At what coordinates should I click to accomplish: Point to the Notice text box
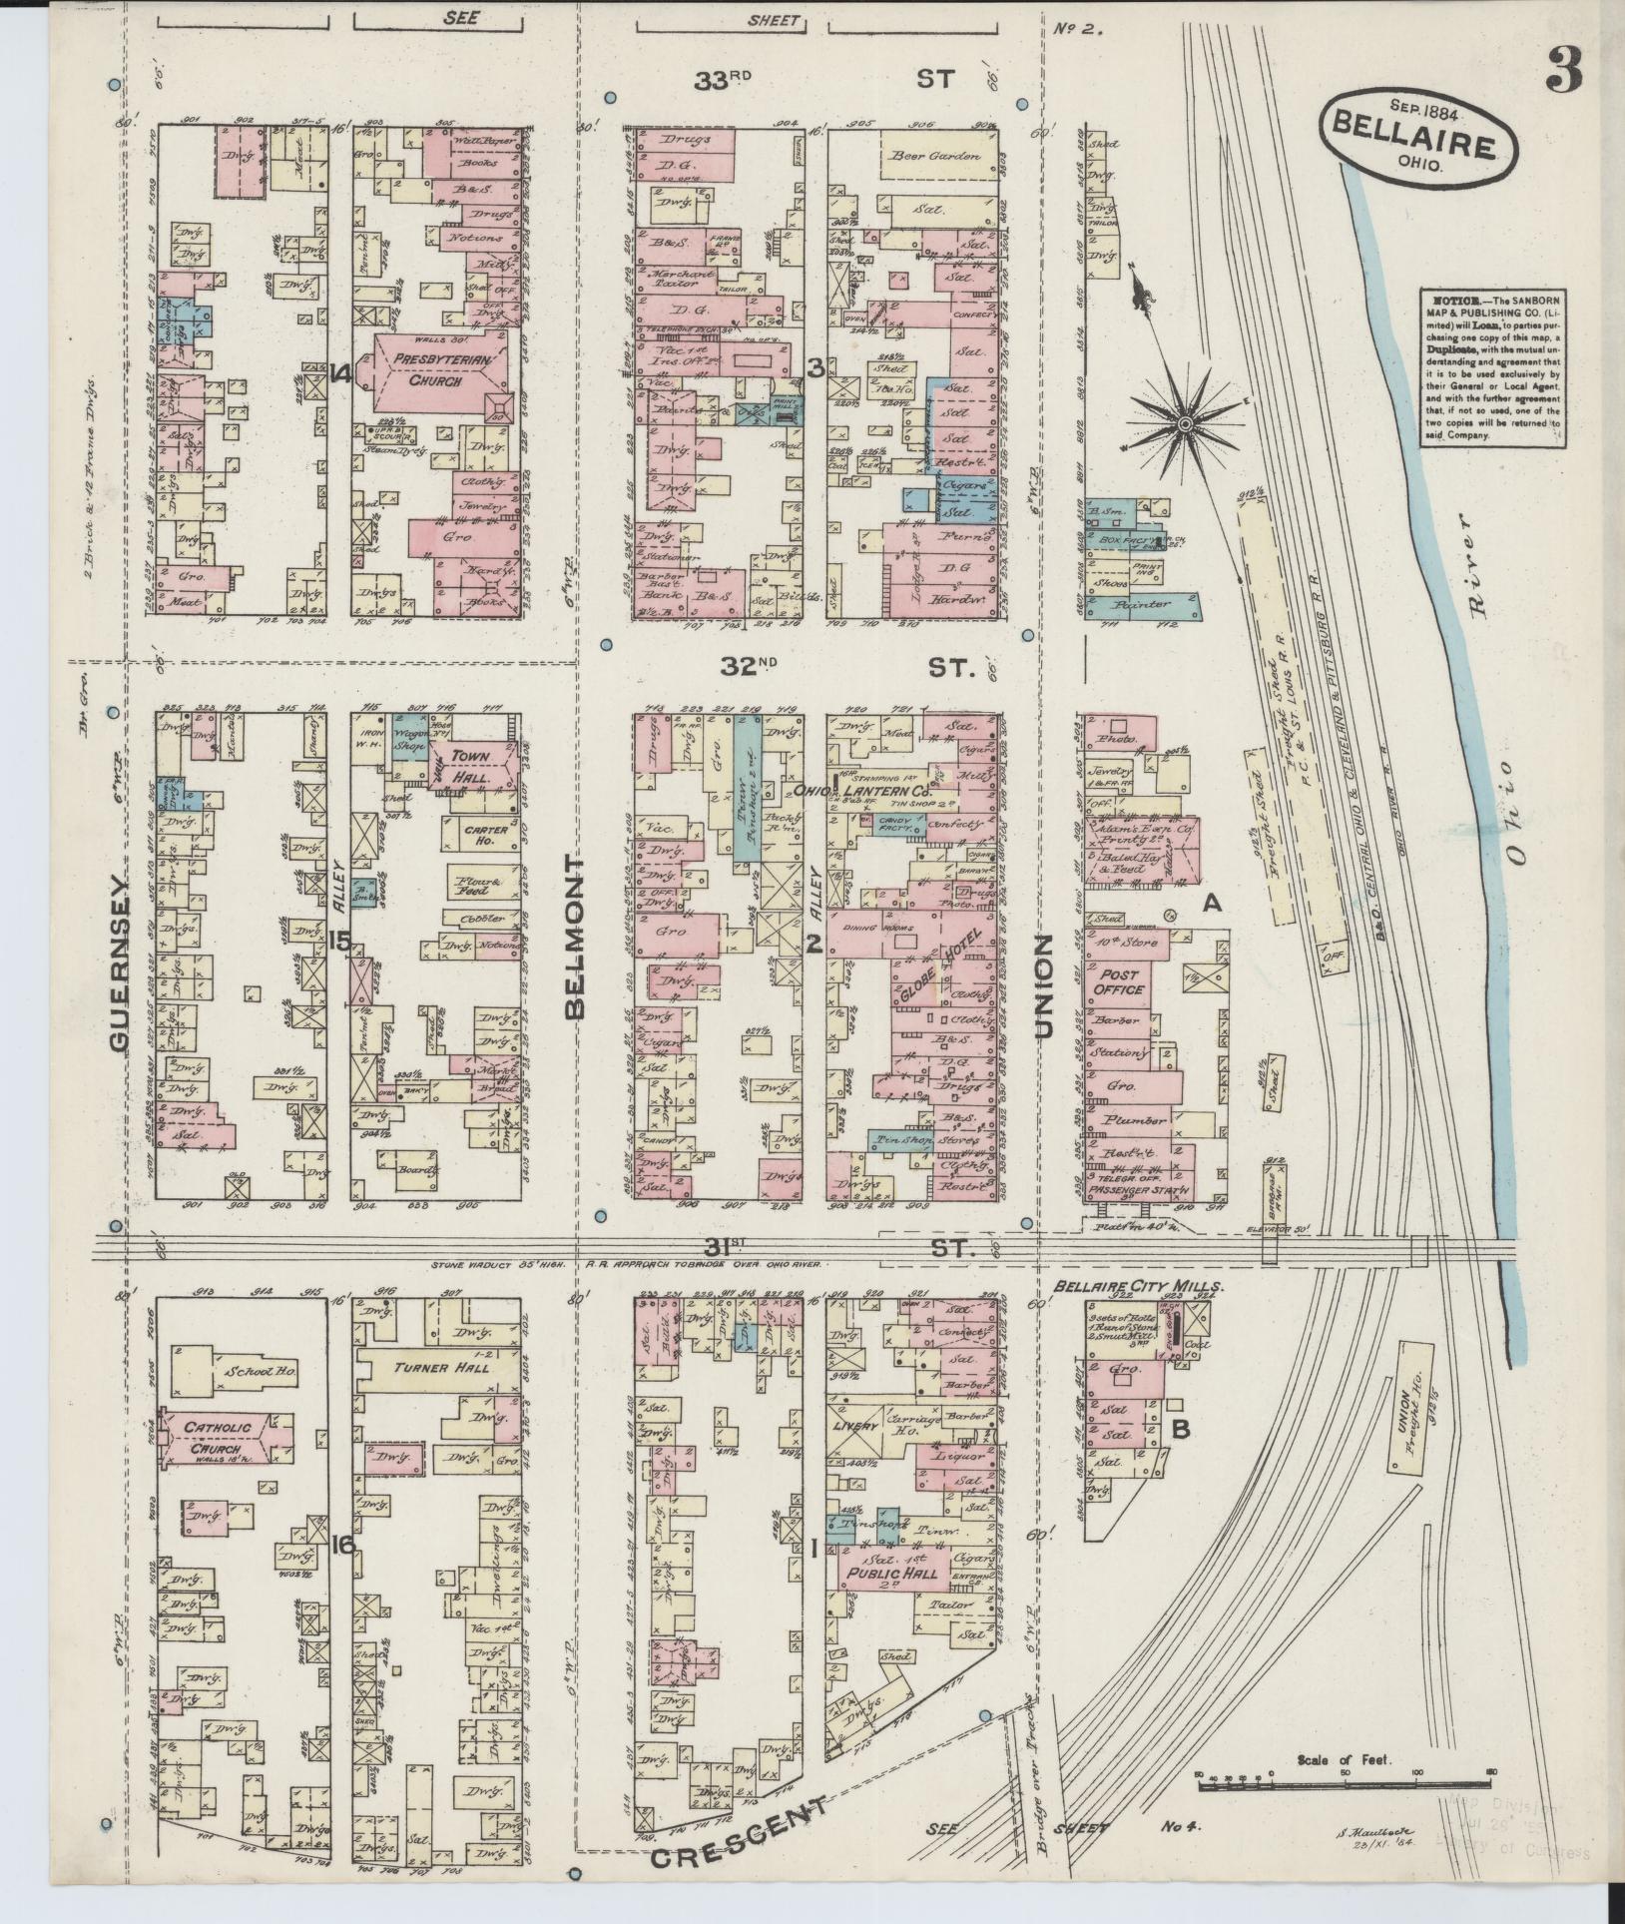click(x=1493, y=366)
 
